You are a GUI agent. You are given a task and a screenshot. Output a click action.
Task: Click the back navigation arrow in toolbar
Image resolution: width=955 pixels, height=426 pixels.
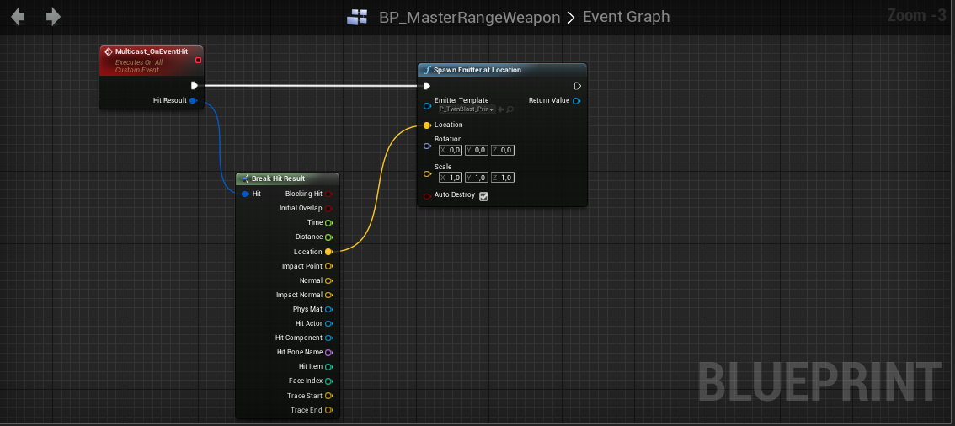pos(18,17)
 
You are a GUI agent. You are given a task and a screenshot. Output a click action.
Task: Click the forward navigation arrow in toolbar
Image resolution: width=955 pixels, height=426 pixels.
pos(53,17)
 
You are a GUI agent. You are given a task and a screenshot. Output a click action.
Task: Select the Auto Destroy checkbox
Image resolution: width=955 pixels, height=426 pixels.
pos(483,196)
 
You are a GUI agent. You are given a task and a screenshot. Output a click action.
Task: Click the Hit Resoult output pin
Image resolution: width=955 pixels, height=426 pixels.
pos(193,101)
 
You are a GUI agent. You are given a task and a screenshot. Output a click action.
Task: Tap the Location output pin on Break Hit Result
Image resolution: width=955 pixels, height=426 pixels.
pos(328,252)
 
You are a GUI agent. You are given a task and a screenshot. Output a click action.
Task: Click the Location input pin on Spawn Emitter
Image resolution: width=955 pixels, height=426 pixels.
pos(427,125)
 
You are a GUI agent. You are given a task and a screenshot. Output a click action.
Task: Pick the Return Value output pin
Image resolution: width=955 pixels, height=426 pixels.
pos(576,101)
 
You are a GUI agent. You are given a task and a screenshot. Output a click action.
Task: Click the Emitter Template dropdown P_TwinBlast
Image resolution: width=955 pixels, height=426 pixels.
pos(465,109)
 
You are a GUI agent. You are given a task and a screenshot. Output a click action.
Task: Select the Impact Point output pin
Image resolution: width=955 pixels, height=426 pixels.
pos(328,266)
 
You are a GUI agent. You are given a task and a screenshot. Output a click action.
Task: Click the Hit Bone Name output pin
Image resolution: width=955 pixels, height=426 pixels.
pos(328,352)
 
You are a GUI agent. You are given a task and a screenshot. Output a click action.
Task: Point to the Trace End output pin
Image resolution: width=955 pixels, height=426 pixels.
pos(328,410)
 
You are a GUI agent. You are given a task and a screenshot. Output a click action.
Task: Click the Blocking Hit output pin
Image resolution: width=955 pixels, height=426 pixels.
pos(328,194)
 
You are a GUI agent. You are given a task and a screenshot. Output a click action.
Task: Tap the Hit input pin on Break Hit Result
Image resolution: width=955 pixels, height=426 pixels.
pos(245,194)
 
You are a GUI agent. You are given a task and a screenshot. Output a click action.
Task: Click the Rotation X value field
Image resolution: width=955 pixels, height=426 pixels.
pos(451,150)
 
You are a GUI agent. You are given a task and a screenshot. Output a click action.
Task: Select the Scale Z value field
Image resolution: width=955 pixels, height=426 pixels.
pos(503,178)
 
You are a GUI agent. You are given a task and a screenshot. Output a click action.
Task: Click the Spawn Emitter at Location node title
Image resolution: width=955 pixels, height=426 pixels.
pos(477,70)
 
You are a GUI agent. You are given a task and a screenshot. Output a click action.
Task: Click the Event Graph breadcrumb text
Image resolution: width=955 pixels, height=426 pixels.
pos(626,17)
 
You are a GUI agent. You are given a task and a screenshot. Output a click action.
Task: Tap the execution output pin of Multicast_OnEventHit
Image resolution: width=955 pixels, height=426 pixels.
pos(195,85)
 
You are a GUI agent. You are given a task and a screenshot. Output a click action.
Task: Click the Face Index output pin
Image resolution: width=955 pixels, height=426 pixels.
pos(328,381)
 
